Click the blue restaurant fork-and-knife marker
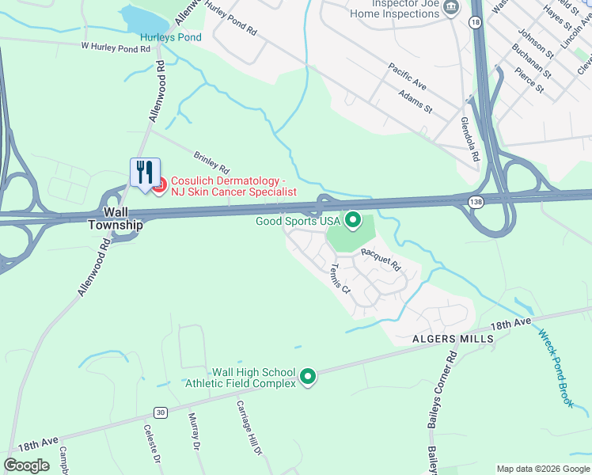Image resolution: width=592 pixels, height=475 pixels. tap(145, 172)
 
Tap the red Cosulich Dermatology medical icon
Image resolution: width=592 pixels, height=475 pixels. tap(158, 186)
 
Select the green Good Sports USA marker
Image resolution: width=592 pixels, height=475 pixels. tap(353, 220)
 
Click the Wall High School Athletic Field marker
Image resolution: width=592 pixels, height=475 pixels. tap(309, 377)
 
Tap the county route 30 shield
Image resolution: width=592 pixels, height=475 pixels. tap(161, 412)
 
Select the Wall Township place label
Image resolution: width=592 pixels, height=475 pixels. tap(123, 218)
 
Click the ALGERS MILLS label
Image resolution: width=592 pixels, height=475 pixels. tap(453, 338)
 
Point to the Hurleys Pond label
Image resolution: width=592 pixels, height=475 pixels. tap(171, 37)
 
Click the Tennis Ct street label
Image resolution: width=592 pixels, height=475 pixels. tap(341, 278)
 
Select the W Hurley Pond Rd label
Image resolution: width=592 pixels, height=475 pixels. tap(116, 48)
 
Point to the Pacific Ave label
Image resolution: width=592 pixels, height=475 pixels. tap(407, 76)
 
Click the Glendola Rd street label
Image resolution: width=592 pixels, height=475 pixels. tap(470, 140)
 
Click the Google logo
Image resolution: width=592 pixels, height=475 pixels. tap(27, 465)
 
